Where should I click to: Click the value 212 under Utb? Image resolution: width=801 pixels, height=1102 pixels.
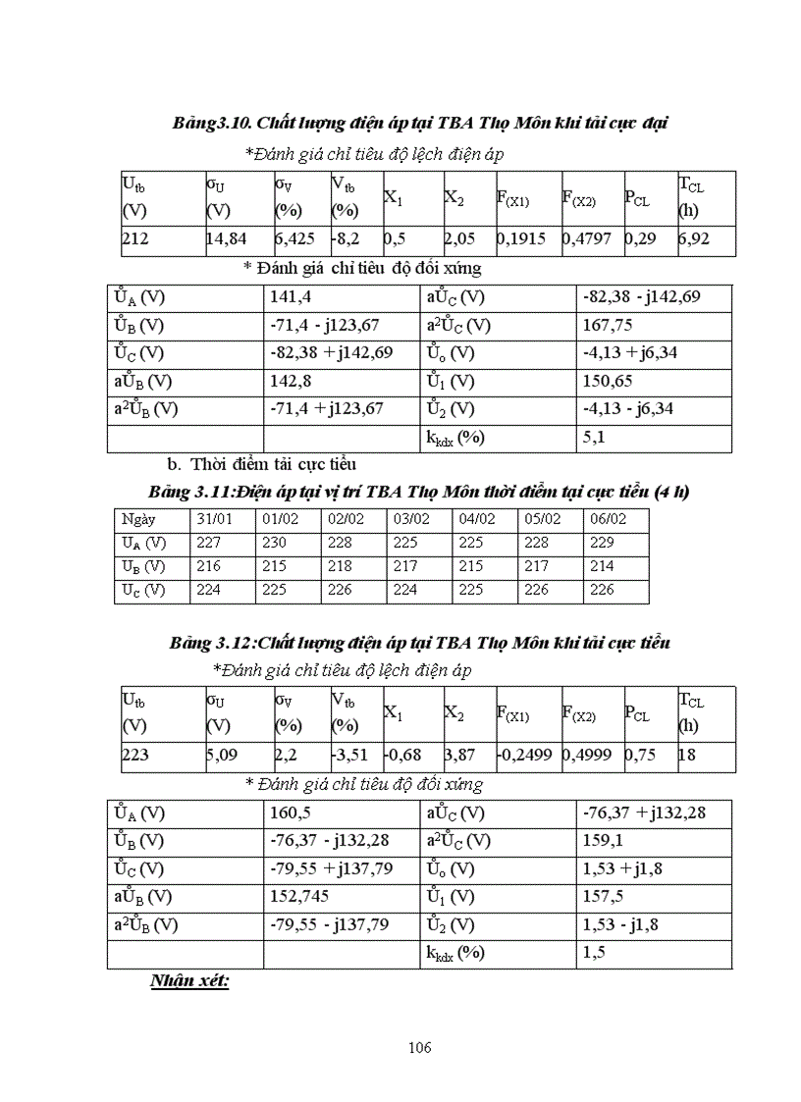click(135, 237)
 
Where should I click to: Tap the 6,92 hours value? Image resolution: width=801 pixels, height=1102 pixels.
click(693, 237)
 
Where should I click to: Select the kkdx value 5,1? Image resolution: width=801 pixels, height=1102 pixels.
click(593, 438)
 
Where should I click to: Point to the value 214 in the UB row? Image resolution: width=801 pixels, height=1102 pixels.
click(603, 566)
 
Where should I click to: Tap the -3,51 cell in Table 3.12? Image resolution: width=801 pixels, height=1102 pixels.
click(349, 756)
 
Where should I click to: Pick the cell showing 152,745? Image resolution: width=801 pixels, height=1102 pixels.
click(300, 897)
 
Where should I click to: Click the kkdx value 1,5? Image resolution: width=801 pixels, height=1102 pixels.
click(593, 953)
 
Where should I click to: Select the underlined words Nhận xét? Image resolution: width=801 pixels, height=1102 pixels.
click(189, 981)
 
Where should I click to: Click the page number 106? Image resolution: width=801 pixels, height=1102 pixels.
click(419, 1047)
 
